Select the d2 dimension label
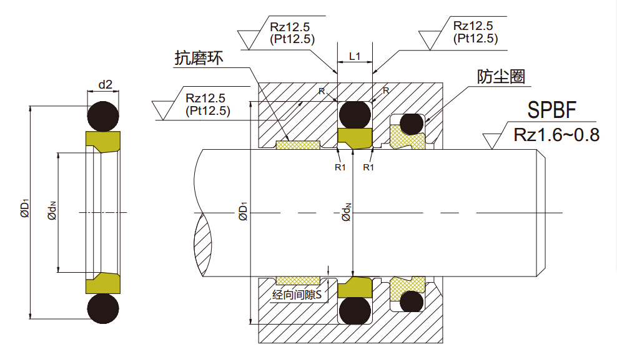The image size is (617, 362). [x=106, y=84]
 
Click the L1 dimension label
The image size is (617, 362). [x=355, y=56]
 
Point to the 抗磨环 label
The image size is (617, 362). [x=198, y=59]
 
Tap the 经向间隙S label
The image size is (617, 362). [x=296, y=295]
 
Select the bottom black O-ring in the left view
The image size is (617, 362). [x=103, y=309]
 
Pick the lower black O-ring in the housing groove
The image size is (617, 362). [x=355, y=310]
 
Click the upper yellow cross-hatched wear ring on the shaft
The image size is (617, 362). [x=297, y=145]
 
